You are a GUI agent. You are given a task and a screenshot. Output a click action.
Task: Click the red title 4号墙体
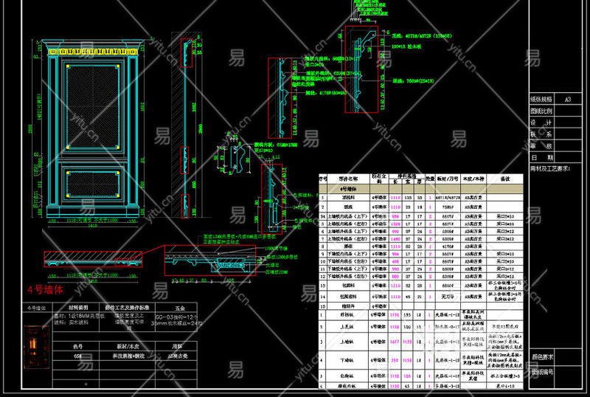point(46,290)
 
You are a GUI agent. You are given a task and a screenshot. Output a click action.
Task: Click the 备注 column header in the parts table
point(505,179)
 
